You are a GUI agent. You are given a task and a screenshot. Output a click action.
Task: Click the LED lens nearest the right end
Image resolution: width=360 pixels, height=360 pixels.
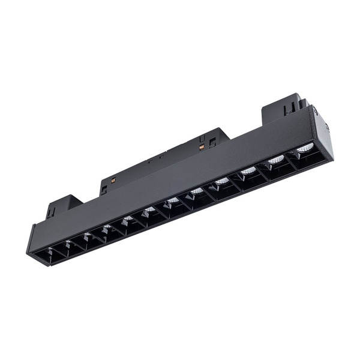pos(305,148)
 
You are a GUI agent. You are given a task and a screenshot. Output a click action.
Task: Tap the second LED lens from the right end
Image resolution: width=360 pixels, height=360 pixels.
pos(276,160)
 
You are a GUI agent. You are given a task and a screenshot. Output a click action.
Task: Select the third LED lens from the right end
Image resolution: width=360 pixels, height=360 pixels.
pos(248,171)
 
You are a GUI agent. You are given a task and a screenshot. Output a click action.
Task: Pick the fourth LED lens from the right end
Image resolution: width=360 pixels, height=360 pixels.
pos(222,181)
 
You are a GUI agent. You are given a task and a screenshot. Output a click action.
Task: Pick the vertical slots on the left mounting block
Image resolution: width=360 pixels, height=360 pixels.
pos(53,210)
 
